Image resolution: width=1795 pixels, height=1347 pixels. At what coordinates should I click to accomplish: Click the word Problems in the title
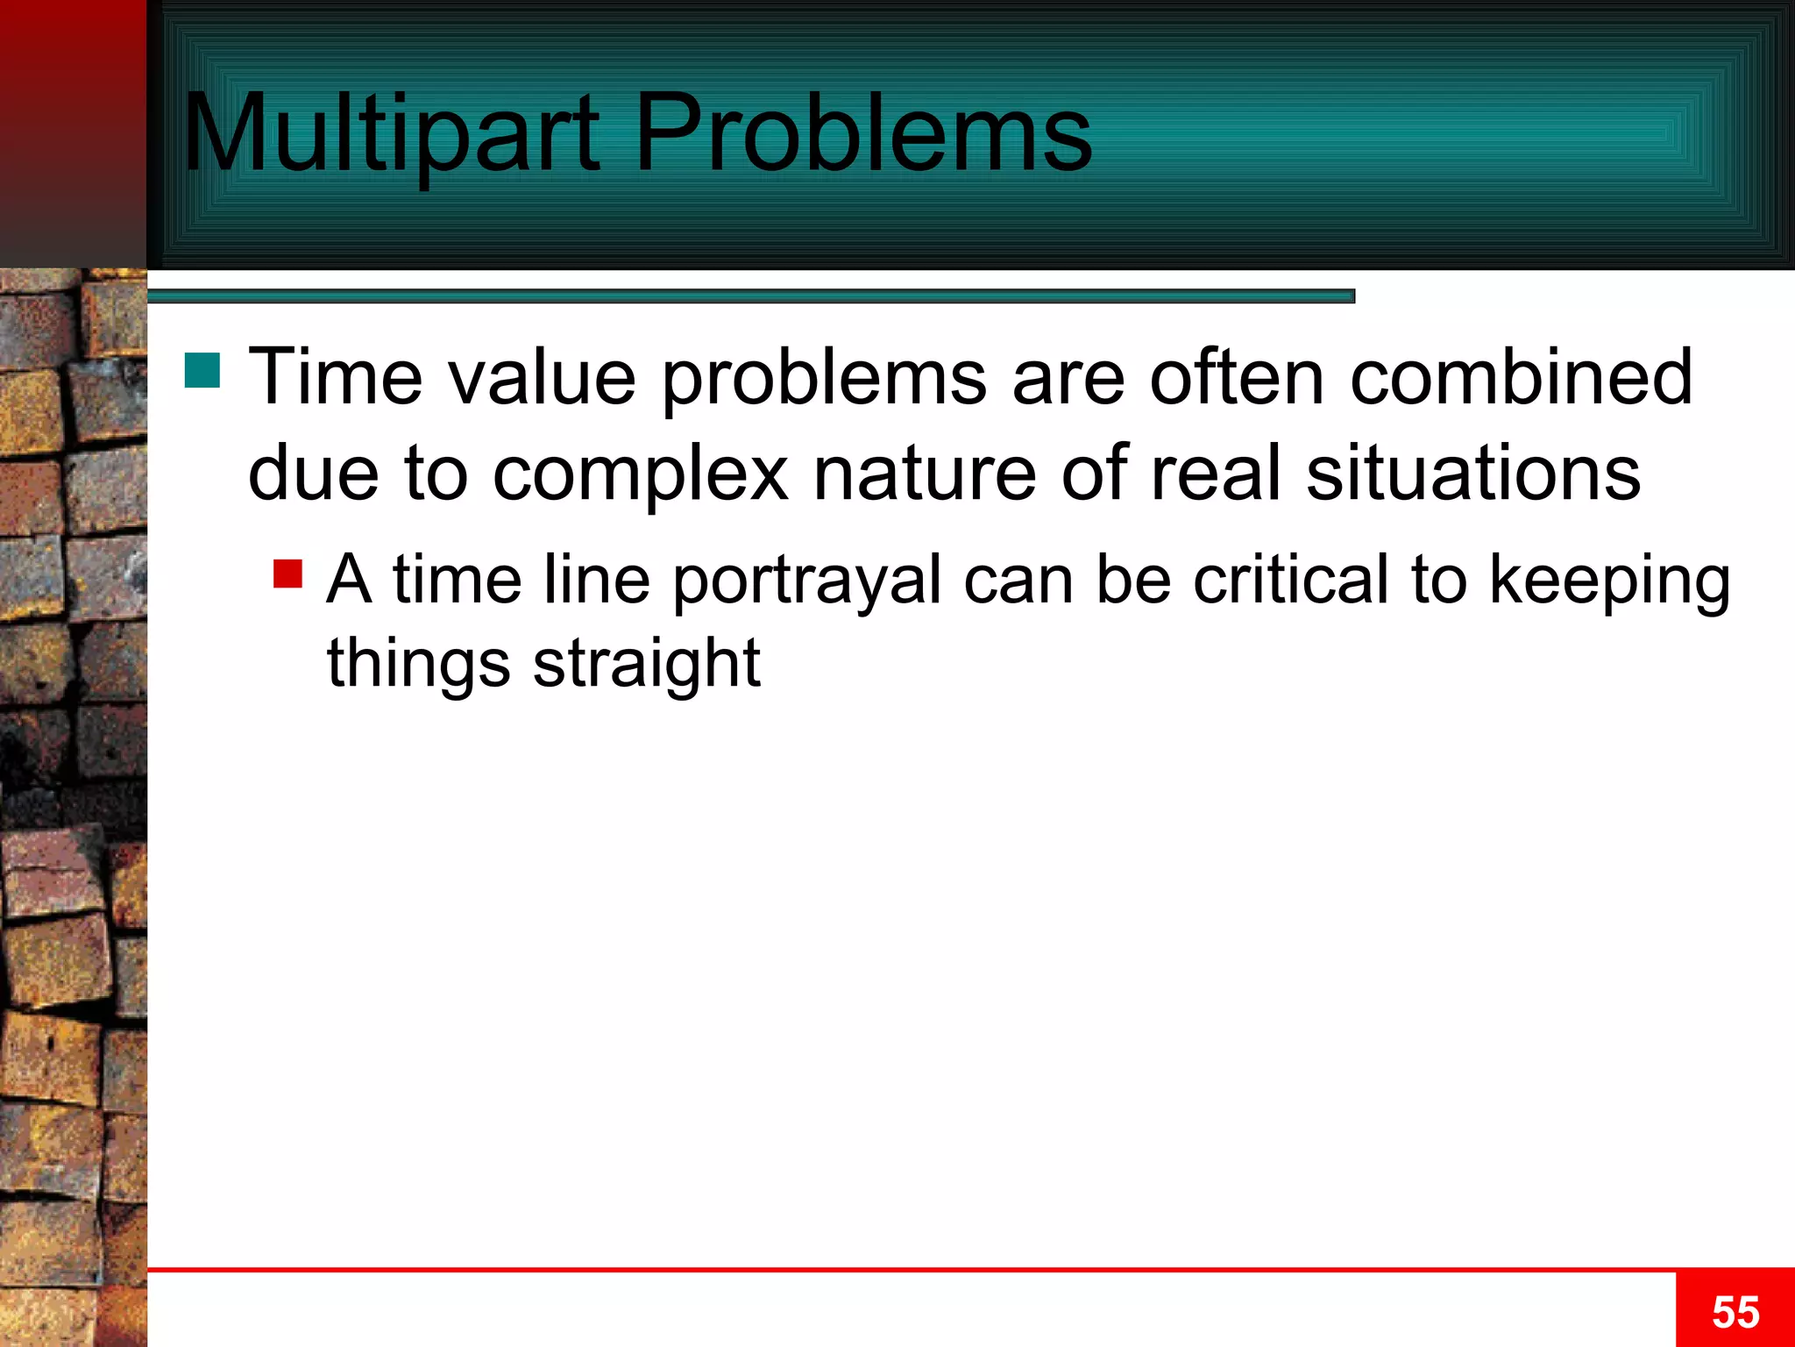click(862, 133)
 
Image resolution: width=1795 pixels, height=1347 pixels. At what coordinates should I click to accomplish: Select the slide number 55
click(1735, 1313)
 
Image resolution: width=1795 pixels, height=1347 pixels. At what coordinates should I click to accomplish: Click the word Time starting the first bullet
click(336, 377)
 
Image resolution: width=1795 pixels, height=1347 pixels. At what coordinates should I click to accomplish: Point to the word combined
click(1521, 377)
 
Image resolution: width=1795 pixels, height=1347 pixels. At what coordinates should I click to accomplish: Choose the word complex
click(641, 474)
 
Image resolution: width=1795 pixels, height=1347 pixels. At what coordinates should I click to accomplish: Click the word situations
click(1472, 474)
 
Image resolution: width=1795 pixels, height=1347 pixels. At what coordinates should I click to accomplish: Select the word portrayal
click(806, 581)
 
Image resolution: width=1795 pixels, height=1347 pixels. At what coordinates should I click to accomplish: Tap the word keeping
click(1610, 581)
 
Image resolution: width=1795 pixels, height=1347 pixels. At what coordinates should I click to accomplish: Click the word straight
click(646, 664)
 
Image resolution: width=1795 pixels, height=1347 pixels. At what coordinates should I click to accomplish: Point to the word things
click(418, 664)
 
